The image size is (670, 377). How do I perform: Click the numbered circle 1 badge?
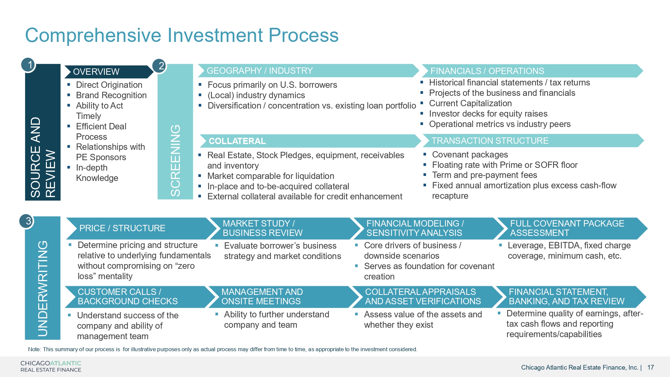[x=29, y=65]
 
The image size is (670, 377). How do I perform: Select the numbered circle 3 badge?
[x=27, y=221]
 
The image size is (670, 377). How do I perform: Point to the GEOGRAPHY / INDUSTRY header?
[x=260, y=71]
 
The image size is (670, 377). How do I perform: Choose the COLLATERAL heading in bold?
[x=237, y=141]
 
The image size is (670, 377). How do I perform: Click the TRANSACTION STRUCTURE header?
[x=490, y=141]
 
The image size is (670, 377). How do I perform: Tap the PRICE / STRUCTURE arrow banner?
[x=122, y=228]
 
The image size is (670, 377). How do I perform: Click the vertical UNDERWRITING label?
[x=43, y=288]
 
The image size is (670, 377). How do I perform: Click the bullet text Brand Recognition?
[x=111, y=96]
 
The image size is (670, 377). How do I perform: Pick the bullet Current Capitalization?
[x=470, y=103]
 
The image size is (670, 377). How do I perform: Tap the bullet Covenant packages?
[x=470, y=154]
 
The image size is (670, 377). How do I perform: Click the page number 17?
[x=651, y=367]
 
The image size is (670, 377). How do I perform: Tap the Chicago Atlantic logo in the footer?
[x=51, y=366]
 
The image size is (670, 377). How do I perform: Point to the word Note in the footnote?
[x=34, y=349]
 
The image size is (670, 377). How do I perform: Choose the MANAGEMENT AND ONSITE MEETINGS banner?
[x=262, y=297]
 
